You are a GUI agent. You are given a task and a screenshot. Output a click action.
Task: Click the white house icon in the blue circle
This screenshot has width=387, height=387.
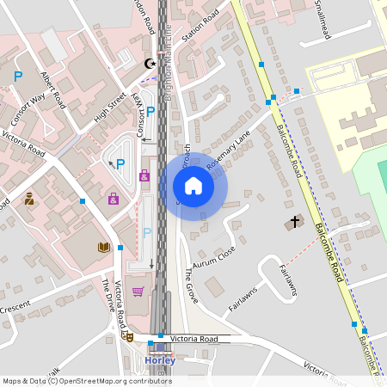pyautogui.click(x=193, y=186)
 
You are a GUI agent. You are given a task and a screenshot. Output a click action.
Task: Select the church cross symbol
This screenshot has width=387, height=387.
pyautogui.click(x=295, y=222)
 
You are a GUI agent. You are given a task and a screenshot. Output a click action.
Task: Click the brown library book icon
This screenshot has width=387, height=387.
pyautogui.click(x=103, y=247)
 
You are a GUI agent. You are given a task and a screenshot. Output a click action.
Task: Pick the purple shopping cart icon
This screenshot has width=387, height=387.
pyautogui.click(x=138, y=291)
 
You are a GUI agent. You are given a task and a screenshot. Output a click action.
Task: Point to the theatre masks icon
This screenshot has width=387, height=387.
pyautogui.click(x=129, y=337)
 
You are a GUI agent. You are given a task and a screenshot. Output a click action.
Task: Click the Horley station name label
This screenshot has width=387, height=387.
pyautogui.click(x=160, y=360)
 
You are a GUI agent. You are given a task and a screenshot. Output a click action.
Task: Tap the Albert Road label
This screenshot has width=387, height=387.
pyautogui.click(x=53, y=89)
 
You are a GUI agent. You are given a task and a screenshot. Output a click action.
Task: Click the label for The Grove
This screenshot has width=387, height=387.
pyautogui.click(x=191, y=287)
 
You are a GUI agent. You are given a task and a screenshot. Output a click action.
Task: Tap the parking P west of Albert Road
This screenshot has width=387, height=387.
pyautogui.click(x=18, y=77)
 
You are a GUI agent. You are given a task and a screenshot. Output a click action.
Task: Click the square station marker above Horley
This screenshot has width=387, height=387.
pyautogui.click(x=160, y=348)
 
